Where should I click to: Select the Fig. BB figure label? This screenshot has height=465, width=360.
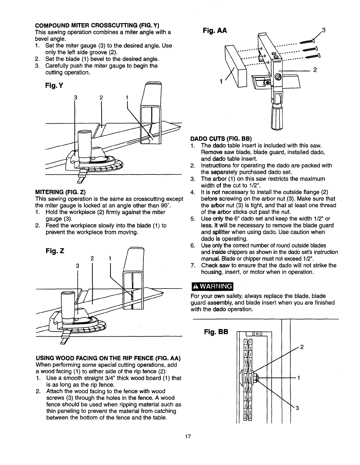click(x=216, y=332)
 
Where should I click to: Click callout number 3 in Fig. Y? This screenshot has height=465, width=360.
click(x=76, y=98)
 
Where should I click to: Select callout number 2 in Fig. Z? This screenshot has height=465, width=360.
click(x=92, y=258)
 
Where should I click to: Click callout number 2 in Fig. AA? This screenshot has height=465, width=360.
click(x=315, y=70)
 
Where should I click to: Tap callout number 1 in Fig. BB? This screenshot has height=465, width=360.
click(x=299, y=378)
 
